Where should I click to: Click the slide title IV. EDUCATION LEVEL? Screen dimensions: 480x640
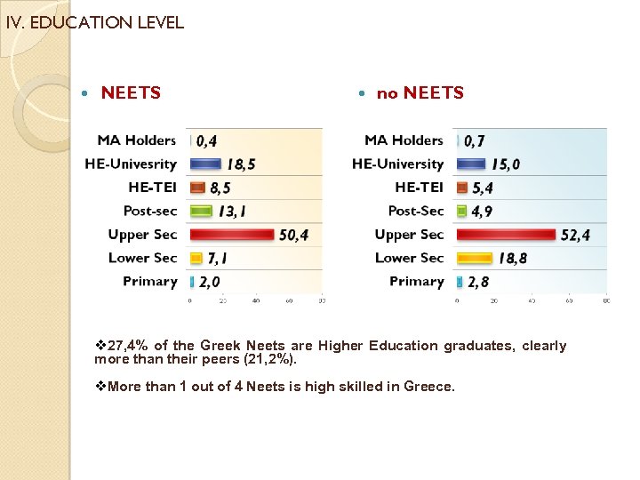point(94,23)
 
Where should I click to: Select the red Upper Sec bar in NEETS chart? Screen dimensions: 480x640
point(233,235)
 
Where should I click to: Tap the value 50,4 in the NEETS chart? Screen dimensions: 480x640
point(292,236)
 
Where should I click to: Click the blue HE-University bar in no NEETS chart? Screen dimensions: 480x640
point(470,164)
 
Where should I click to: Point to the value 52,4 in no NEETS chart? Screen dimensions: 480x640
point(575,236)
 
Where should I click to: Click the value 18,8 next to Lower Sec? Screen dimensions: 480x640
point(512,259)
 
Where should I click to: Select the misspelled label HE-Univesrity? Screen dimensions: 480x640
point(131,164)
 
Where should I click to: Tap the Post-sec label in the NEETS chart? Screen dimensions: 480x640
point(150,211)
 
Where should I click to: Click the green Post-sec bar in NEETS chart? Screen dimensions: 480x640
point(202,212)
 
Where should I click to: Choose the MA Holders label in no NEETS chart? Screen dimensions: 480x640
point(404,140)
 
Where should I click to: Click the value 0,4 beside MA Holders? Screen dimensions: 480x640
point(206,140)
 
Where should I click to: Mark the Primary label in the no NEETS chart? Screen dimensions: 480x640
point(416,282)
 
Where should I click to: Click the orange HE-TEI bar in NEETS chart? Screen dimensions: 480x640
point(197,188)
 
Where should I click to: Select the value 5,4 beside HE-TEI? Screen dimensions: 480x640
point(483,188)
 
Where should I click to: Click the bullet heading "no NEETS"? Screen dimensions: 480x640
point(420,93)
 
